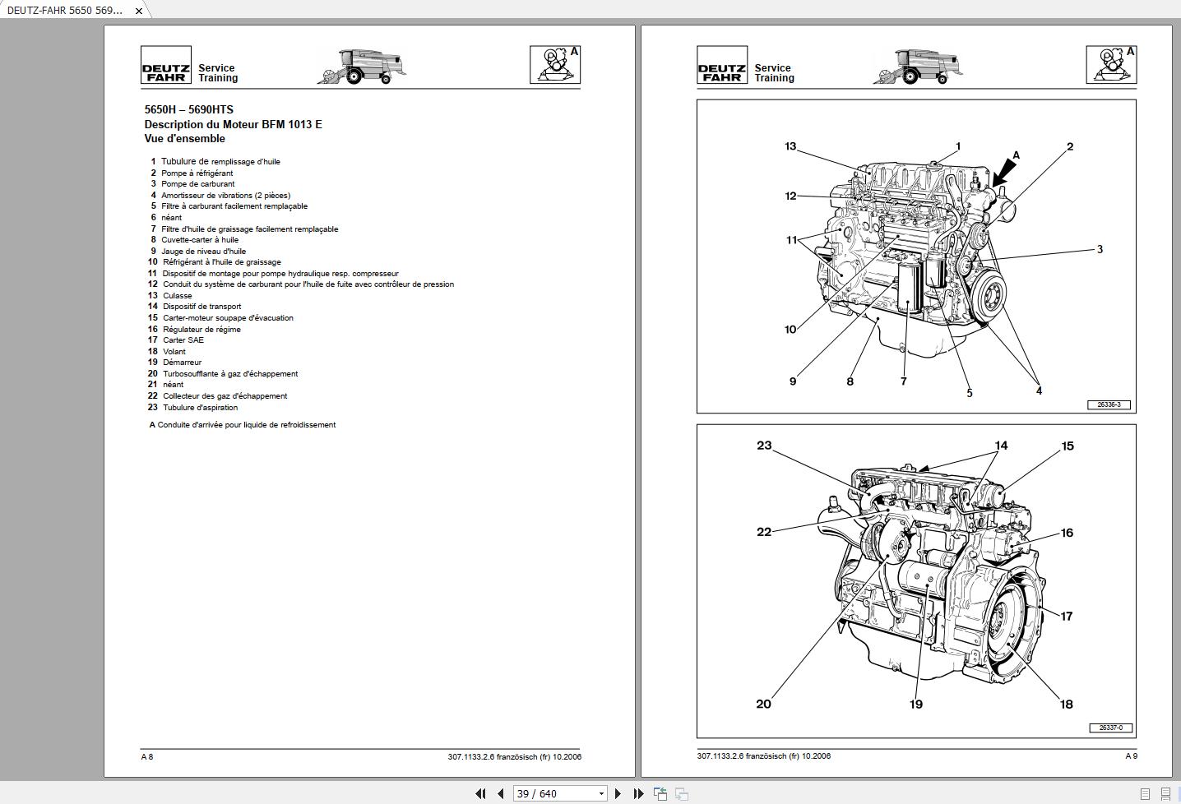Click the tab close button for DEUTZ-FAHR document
(x=139, y=11)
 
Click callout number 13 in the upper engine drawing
(x=790, y=146)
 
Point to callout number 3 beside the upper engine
(x=1100, y=249)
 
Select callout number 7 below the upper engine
(x=903, y=381)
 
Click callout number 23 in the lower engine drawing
(x=764, y=446)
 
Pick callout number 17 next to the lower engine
(x=1067, y=616)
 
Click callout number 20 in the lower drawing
(x=763, y=704)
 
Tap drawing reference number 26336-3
(x=1109, y=404)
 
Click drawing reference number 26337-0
(x=1109, y=728)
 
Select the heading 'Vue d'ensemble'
(x=184, y=139)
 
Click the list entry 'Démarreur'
(x=182, y=363)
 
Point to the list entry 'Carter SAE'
(x=183, y=340)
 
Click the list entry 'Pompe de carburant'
(x=197, y=184)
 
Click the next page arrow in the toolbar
(x=618, y=793)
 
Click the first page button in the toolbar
(x=480, y=793)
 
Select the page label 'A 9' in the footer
(x=1131, y=756)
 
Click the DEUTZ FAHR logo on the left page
(x=166, y=66)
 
